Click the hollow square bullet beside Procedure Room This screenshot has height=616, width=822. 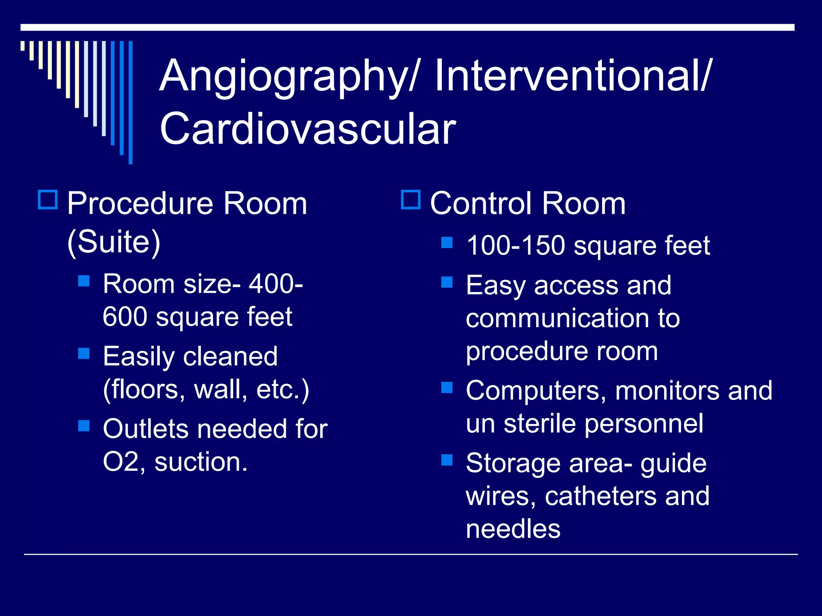coord(48,200)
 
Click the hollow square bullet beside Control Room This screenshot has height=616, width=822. coord(411,200)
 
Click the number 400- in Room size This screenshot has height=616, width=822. coord(276,284)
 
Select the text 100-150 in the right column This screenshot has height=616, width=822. coord(516,245)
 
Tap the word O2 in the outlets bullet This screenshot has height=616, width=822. coord(121,462)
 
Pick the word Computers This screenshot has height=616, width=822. coord(536,391)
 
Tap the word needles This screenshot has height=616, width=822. coord(513,529)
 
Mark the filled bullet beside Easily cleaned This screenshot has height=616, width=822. coord(84,353)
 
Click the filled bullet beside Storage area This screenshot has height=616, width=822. coord(447,460)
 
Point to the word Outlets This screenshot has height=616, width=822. coord(146,429)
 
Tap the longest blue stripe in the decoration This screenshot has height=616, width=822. coord(130,102)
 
